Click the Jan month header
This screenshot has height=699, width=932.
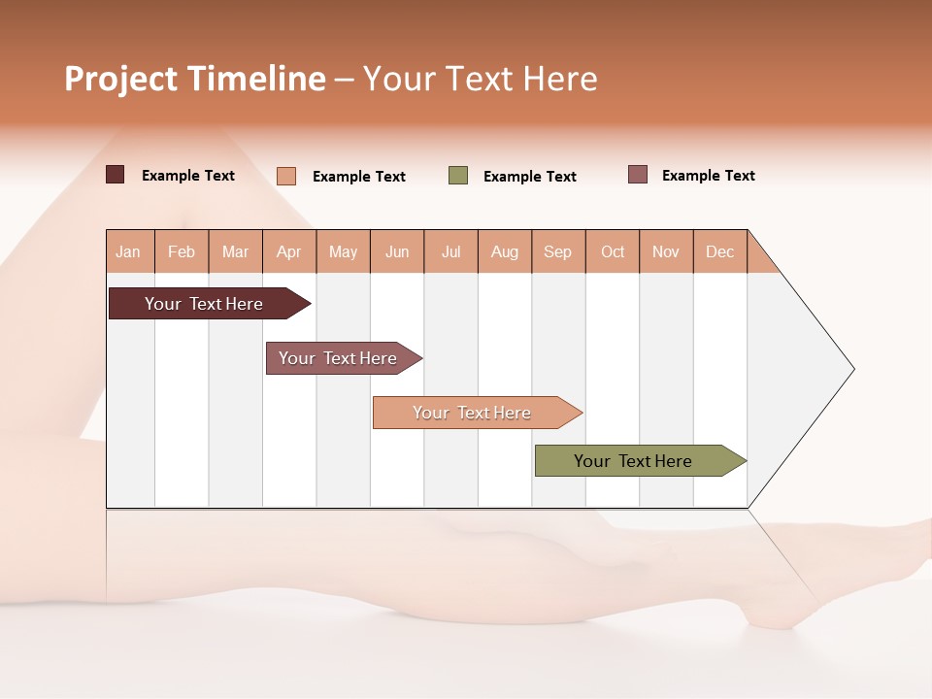coord(129,251)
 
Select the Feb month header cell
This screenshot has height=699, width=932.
coord(182,251)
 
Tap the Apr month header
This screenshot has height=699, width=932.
coord(289,251)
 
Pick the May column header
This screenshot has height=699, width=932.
coord(343,251)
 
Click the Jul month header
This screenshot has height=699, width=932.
coord(450,251)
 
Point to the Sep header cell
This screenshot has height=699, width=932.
coord(558,251)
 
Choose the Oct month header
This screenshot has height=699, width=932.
coord(613,251)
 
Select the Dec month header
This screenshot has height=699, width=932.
coord(719,251)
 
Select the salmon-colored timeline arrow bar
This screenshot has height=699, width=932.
coord(474,413)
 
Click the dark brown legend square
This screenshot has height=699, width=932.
coord(115,175)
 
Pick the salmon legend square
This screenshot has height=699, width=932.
coord(285,176)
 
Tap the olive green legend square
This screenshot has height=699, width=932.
coord(458,176)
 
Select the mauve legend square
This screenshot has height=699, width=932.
coord(638,175)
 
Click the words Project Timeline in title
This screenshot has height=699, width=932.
coord(194,79)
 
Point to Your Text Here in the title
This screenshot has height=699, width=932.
coord(481,79)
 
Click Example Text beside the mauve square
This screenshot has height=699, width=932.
coord(708,176)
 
